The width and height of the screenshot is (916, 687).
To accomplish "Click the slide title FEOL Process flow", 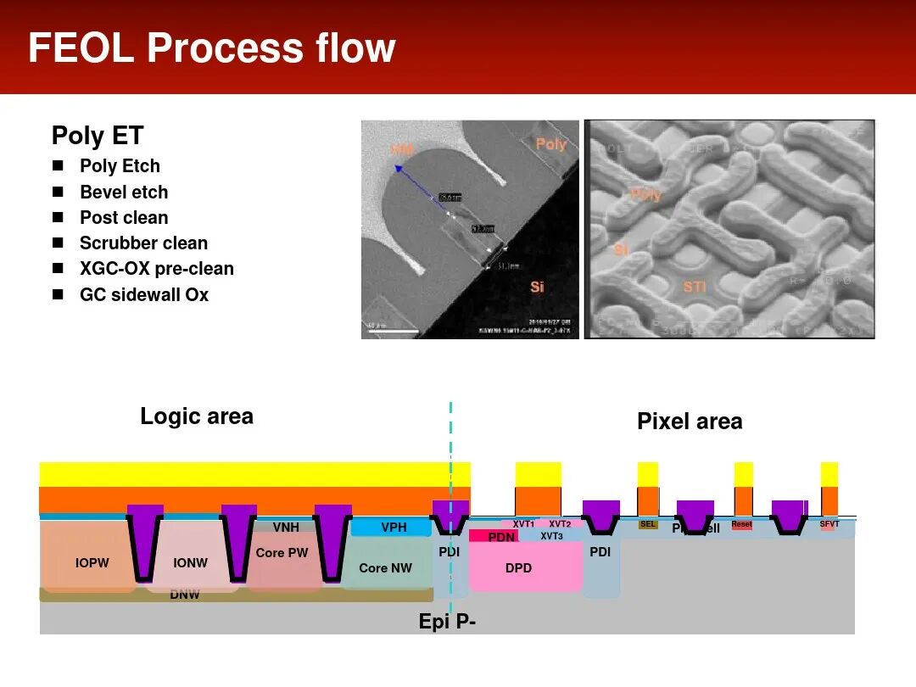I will [212, 47].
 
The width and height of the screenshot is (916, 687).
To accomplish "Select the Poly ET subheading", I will [98, 136].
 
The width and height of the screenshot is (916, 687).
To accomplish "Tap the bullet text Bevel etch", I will [124, 192].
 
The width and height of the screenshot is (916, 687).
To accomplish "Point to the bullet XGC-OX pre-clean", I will [156, 269].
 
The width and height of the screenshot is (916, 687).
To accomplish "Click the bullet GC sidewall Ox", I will [143, 294].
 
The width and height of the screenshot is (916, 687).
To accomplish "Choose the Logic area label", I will [197, 416].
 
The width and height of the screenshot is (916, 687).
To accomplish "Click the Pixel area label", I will [690, 422].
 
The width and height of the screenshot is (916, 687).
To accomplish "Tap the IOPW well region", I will [92, 562].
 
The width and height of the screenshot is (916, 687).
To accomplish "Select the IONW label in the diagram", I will [190, 562].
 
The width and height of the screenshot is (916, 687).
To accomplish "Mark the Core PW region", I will [282, 553].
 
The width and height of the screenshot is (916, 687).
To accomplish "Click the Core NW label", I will [384, 567].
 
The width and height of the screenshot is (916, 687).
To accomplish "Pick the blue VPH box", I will [393, 528].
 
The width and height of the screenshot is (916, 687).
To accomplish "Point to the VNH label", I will [286, 528].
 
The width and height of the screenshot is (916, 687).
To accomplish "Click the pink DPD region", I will [518, 567].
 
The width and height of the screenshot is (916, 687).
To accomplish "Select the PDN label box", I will [501, 537].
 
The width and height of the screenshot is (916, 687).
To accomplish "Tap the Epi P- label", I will [447, 622].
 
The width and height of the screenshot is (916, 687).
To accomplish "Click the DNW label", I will [184, 595].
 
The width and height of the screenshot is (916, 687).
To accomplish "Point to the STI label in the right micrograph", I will [695, 287].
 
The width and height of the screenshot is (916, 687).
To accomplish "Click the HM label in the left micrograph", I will [402, 149].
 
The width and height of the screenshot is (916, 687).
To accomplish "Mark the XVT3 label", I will [551, 536].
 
